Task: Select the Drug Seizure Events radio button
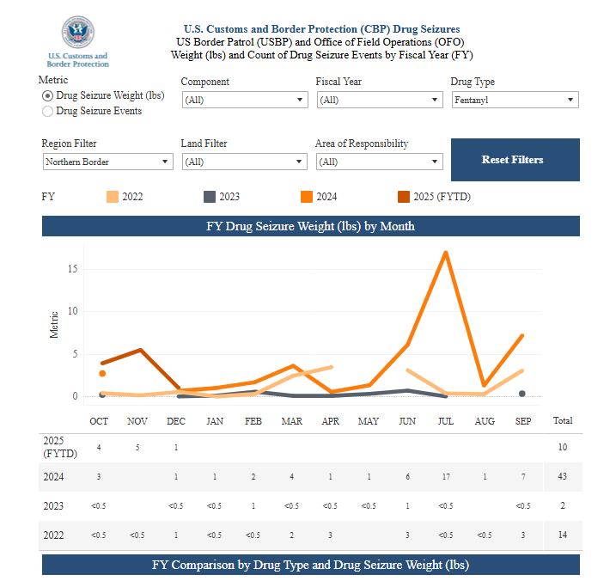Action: [47, 111]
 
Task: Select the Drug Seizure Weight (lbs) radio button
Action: [47, 95]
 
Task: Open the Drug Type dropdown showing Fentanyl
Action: [514, 100]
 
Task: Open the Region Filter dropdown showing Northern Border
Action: [107, 162]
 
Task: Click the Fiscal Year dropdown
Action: [379, 100]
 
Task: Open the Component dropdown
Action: [243, 100]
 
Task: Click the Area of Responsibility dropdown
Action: [379, 162]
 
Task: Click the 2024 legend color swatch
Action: [306, 197]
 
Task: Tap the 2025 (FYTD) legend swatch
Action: [404, 197]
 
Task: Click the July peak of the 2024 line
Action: [445, 252]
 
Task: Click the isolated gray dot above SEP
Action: [521, 394]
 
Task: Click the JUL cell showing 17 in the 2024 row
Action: [445, 476]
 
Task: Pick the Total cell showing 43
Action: [563, 476]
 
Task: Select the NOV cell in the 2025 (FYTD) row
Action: [137, 447]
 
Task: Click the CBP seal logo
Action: [77, 33]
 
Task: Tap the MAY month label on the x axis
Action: [368, 421]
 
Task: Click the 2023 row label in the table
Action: [53, 505]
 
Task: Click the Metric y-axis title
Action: [55, 324]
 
